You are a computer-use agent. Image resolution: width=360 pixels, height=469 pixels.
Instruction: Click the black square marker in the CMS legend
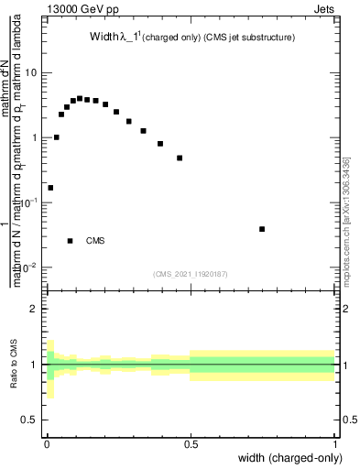click(x=71, y=241)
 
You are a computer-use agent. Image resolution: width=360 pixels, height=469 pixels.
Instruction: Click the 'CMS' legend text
click(x=95, y=241)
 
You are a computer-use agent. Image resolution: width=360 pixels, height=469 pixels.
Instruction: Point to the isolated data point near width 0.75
click(x=262, y=229)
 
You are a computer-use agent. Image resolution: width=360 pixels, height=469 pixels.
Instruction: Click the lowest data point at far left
click(x=49, y=188)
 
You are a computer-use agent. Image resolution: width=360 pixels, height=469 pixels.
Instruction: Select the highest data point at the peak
click(x=80, y=98)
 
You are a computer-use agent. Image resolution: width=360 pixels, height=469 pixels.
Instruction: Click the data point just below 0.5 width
click(x=180, y=158)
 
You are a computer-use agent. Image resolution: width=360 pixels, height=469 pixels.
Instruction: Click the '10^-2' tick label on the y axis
click(x=31, y=267)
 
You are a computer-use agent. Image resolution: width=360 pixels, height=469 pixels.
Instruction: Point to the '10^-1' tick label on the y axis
click(x=31, y=202)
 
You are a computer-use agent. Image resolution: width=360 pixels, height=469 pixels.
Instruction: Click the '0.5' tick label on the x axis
click(x=191, y=443)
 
